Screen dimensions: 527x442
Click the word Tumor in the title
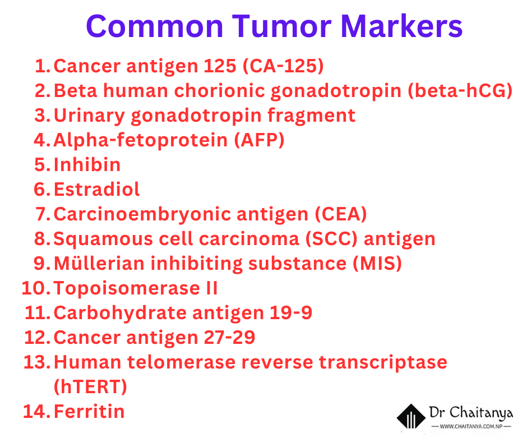pyautogui.click(x=281, y=26)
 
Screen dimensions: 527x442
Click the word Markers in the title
pyautogui.click(x=402, y=26)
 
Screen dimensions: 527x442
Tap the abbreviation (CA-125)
pyautogui.click(x=283, y=66)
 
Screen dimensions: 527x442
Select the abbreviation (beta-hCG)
pyautogui.click(x=460, y=90)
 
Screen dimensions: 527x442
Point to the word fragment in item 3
pyautogui.click(x=311, y=116)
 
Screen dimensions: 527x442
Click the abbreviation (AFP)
pyautogui.click(x=259, y=140)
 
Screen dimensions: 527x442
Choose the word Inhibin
pyautogui.click(x=87, y=164)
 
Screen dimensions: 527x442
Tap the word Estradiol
pyautogui.click(x=96, y=189)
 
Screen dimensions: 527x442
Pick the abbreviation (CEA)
pyautogui.click(x=341, y=214)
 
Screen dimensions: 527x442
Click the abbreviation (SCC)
pyautogui.click(x=331, y=239)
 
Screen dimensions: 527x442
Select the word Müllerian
pyautogui.click(x=99, y=263)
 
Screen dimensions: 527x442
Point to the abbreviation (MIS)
pyautogui.click(x=377, y=264)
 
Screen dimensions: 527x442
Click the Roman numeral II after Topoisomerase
pyautogui.click(x=212, y=288)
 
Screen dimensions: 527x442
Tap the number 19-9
pyautogui.click(x=291, y=313)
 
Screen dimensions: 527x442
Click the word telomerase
pyautogui.click(x=181, y=362)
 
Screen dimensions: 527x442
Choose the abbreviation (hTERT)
pyautogui.click(x=90, y=387)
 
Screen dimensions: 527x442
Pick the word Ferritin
pyautogui.click(x=89, y=411)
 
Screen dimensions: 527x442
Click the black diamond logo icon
pyautogui.click(x=411, y=416)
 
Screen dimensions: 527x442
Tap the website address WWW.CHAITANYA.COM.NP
pyautogui.click(x=471, y=426)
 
